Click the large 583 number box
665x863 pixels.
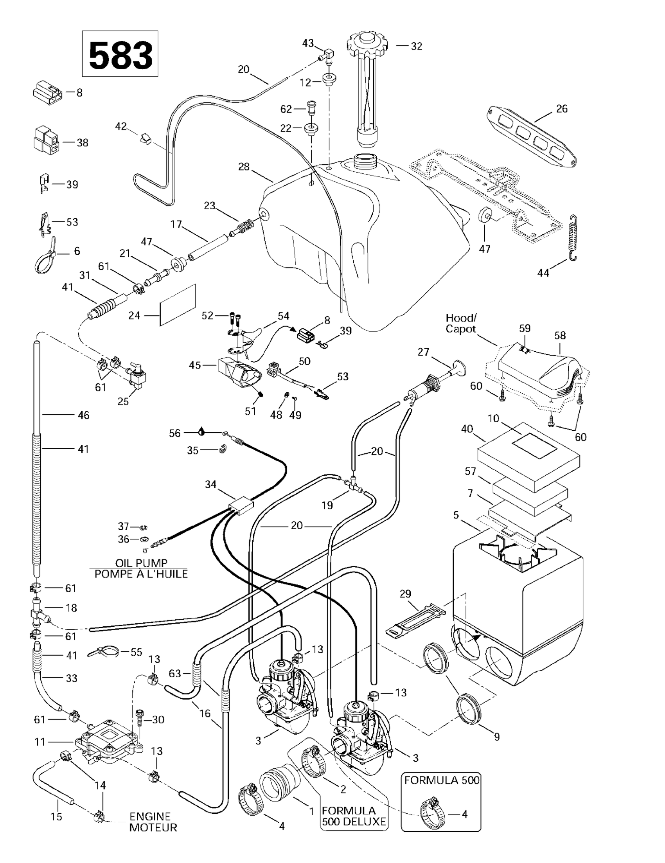(120, 54)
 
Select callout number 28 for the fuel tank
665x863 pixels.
(244, 167)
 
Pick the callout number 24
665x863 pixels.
(134, 316)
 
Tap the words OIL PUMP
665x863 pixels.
(141, 563)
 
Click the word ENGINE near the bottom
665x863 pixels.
(150, 816)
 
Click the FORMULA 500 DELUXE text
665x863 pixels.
(354, 816)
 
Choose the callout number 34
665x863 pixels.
(210, 484)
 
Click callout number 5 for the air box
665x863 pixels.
(457, 515)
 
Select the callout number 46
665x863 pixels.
(83, 415)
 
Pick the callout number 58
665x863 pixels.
(560, 336)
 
